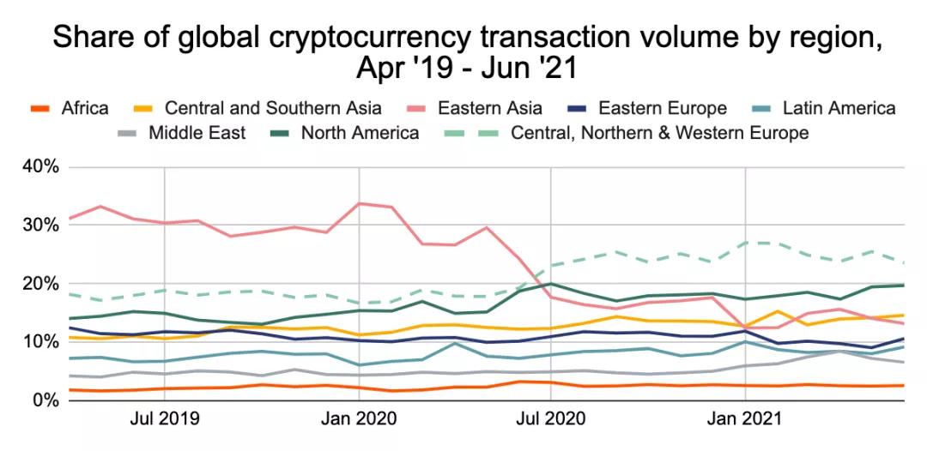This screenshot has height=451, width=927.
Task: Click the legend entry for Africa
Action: [85, 108]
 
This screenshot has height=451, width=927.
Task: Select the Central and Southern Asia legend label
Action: [273, 108]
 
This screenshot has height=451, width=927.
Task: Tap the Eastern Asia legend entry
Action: [489, 108]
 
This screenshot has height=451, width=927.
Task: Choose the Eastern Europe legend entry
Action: [662, 108]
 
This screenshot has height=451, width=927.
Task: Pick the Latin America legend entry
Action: [839, 108]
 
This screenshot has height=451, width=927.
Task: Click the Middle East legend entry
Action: [197, 133]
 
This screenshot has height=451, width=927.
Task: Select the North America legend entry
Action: [360, 133]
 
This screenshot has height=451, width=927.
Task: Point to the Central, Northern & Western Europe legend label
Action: [659, 133]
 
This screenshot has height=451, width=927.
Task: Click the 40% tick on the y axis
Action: [39, 166]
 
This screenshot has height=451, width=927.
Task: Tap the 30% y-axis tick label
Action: [39, 225]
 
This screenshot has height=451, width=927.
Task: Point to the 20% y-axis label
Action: [39, 283]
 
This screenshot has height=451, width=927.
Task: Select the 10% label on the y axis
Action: [39, 341]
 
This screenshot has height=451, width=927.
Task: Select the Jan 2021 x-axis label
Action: [745, 419]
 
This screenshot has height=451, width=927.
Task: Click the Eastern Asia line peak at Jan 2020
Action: [359, 203]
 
